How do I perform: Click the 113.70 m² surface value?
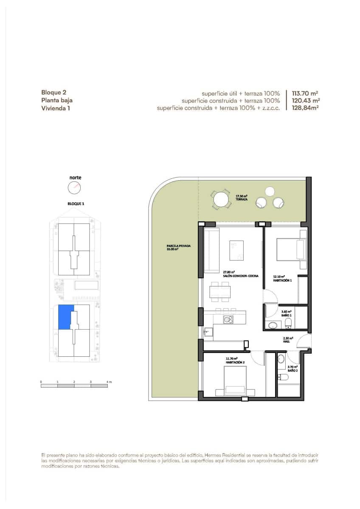(305, 93)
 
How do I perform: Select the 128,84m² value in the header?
(305, 108)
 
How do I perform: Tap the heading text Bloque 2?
(54, 92)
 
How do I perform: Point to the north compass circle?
(74, 187)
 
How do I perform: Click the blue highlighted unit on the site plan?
(66, 317)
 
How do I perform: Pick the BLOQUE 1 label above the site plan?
(76, 204)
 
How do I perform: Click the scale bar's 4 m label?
(109, 382)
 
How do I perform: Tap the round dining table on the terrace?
(221, 199)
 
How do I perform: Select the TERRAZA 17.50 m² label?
(242, 198)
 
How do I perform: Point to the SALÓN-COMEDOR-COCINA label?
(240, 274)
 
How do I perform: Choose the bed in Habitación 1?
(291, 249)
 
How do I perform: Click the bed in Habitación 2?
(235, 382)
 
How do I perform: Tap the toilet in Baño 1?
(288, 324)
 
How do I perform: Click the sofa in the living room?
(211, 251)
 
